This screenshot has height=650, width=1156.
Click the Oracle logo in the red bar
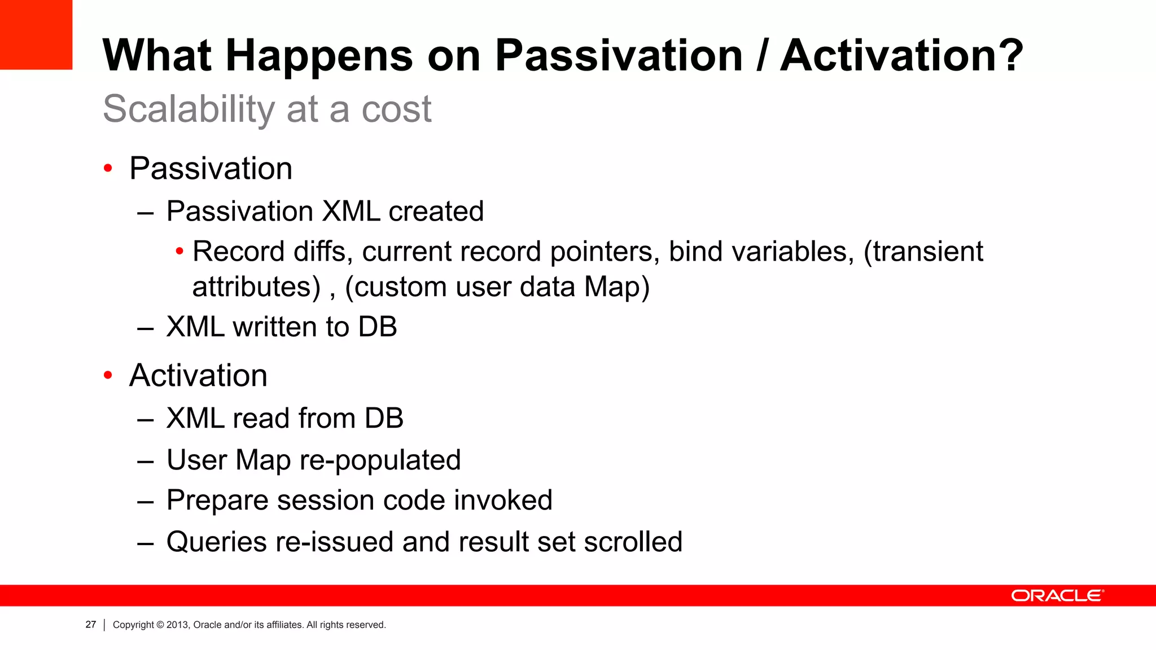[x=1057, y=596]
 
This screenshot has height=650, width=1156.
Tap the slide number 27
[x=90, y=625]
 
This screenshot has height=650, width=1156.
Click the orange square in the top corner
[x=36, y=34]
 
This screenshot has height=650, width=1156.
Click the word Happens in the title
[x=319, y=56]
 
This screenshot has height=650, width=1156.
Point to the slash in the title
[x=761, y=55]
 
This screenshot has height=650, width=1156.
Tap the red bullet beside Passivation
[x=108, y=168]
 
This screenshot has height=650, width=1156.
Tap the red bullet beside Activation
[x=108, y=375]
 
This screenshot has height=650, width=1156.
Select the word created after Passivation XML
[x=436, y=212]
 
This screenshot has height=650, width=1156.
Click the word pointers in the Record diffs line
[x=605, y=252]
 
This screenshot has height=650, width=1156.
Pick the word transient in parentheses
[x=929, y=252]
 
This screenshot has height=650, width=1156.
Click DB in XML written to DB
[x=377, y=327]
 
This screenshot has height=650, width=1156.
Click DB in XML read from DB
[x=383, y=419]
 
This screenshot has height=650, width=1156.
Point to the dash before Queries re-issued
[x=146, y=543]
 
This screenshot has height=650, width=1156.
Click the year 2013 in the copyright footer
[x=177, y=625]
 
